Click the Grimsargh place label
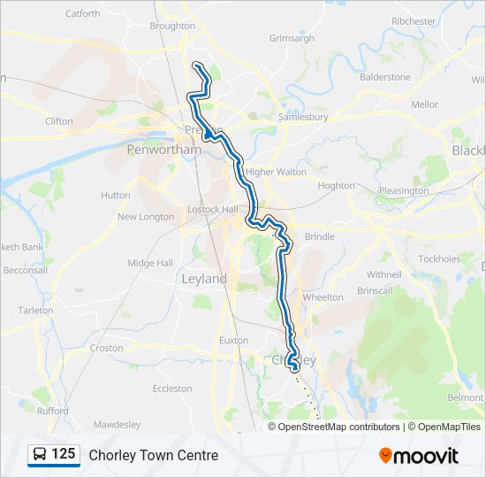click(x=292, y=39)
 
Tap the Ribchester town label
click(x=414, y=21)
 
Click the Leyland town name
click(x=204, y=279)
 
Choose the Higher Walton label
click(x=276, y=172)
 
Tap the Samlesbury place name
click(x=303, y=117)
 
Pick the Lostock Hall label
click(x=213, y=210)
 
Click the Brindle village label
click(x=320, y=237)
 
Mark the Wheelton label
click(x=323, y=298)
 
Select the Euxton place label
click(x=233, y=340)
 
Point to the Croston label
click(x=106, y=349)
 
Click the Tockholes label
click(x=439, y=259)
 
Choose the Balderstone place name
click(x=384, y=77)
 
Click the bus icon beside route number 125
click(x=40, y=455)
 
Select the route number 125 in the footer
click(x=64, y=455)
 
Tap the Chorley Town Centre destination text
click(x=153, y=456)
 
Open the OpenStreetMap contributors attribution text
click(x=339, y=427)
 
